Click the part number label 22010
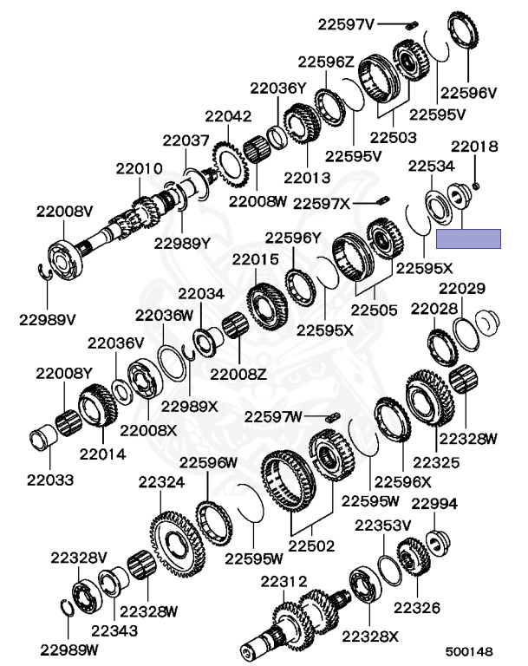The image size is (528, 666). coord(139,168)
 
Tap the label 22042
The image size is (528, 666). coord(228,116)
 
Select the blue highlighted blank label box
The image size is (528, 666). coord(468,238)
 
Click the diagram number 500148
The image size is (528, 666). coord(469,651)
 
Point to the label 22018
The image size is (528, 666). coord(474,147)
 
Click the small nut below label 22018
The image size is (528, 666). coord(476,186)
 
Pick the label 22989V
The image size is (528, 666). coord(47,319)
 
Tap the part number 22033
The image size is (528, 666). coord(50,480)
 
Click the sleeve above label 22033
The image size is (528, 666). coord(43,438)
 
